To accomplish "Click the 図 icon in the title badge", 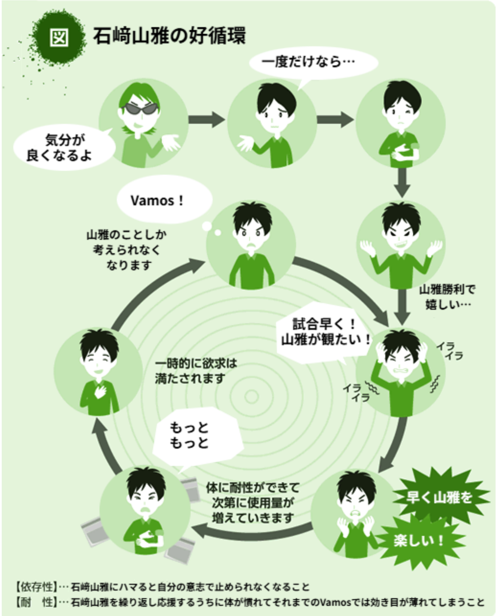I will tap(59, 37).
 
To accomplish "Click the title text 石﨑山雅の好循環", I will tap(169, 36).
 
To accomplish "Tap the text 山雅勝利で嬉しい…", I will tap(447, 297).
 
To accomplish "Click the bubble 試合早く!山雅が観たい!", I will tap(324, 332).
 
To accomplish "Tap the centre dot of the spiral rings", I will tap(252, 396).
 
